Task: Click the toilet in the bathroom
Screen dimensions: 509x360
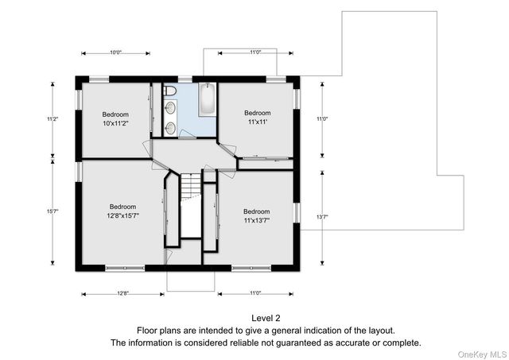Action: pyautogui.click(x=169, y=91)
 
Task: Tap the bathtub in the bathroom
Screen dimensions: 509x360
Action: pyautogui.click(x=207, y=99)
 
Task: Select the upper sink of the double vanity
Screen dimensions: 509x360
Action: pyautogui.click(x=170, y=108)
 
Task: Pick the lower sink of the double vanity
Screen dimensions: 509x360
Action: pyautogui.click(x=170, y=129)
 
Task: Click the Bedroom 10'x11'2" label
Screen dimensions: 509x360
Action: pyautogui.click(x=115, y=118)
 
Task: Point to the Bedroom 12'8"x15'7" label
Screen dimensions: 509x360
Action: pyautogui.click(x=122, y=211)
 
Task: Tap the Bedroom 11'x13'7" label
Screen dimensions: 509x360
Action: pyautogui.click(x=257, y=216)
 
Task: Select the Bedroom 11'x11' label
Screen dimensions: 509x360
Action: pyautogui.click(x=258, y=118)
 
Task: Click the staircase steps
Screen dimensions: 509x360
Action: pyautogui.click(x=191, y=185)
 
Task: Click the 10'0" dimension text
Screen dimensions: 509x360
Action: pyautogui.click(x=115, y=52)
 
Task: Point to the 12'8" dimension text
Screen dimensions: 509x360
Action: pyautogui.click(x=123, y=293)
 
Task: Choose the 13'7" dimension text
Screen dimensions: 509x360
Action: pyautogui.click(x=322, y=217)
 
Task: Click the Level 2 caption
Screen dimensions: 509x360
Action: pyautogui.click(x=266, y=318)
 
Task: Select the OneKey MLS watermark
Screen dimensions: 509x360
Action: pyautogui.click(x=482, y=354)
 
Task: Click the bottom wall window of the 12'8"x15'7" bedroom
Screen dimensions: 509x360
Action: pyautogui.click(x=125, y=268)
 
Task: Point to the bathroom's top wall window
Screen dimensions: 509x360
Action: pyautogui.click(x=185, y=79)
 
